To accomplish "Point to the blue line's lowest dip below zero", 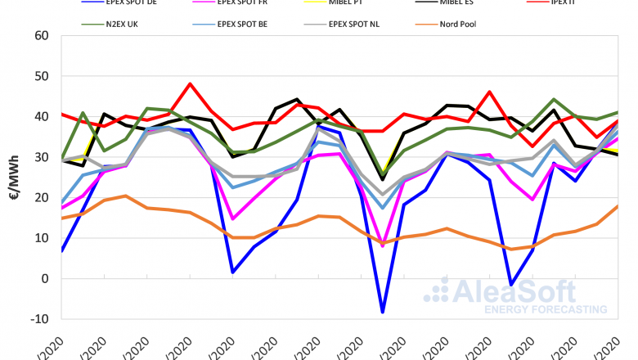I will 381,312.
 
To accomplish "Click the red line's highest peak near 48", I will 190,83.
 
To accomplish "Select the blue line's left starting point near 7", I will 62,250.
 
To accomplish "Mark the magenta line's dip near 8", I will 381,245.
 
